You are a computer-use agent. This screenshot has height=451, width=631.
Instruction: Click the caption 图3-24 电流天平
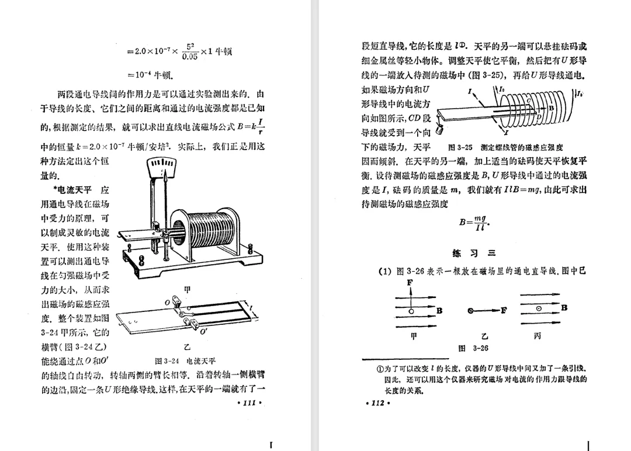coord(185,360)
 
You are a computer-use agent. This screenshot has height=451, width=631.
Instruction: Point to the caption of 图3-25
coord(505,148)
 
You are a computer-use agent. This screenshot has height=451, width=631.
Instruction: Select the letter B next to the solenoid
coord(552,109)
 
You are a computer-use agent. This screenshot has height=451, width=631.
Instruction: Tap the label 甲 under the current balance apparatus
coord(187,289)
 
